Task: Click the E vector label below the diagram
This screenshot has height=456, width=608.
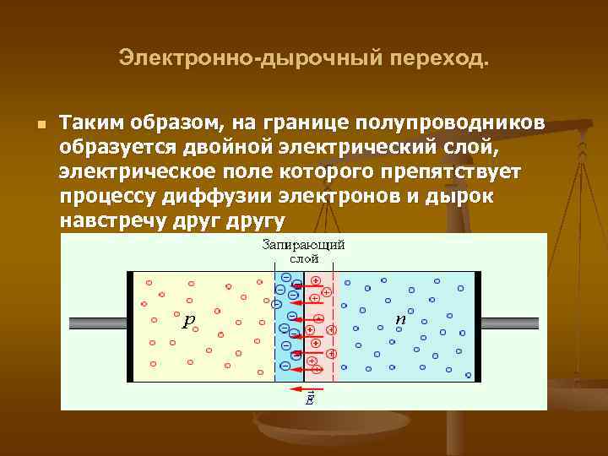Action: (309, 399)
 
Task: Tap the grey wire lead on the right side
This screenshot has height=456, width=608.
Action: (508, 323)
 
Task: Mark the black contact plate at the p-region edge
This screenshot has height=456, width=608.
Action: (130, 326)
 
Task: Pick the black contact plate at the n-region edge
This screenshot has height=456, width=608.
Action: (475, 326)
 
